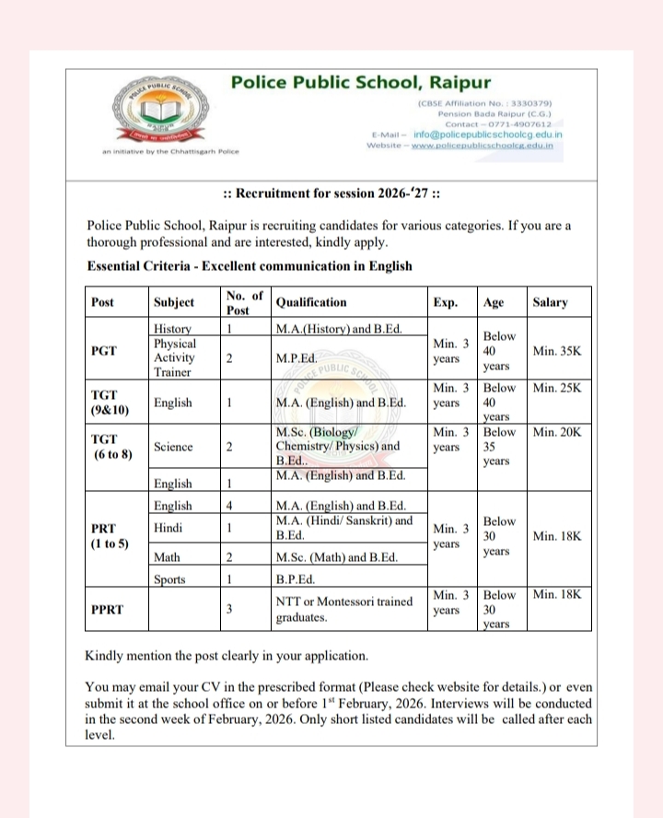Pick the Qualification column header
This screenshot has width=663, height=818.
(x=311, y=302)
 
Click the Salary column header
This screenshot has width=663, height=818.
(x=550, y=302)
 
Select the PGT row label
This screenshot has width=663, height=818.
(x=104, y=350)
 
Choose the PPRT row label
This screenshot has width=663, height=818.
(x=109, y=609)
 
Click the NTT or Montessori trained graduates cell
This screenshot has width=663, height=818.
(x=343, y=609)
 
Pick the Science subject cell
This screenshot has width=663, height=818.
(x=173, y=447)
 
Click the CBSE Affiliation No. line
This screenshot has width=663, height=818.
(x=484, y=104)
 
